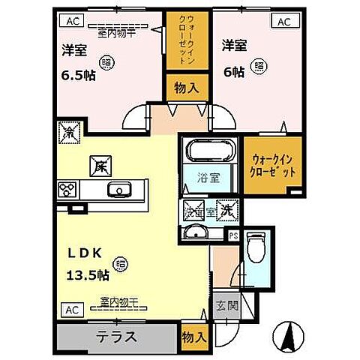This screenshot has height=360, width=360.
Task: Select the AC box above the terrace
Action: pos(69,308)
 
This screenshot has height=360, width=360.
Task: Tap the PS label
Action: pos(233,234)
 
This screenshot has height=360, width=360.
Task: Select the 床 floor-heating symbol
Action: pos(98,163)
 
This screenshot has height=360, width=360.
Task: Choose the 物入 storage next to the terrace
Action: pos(193,337)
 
